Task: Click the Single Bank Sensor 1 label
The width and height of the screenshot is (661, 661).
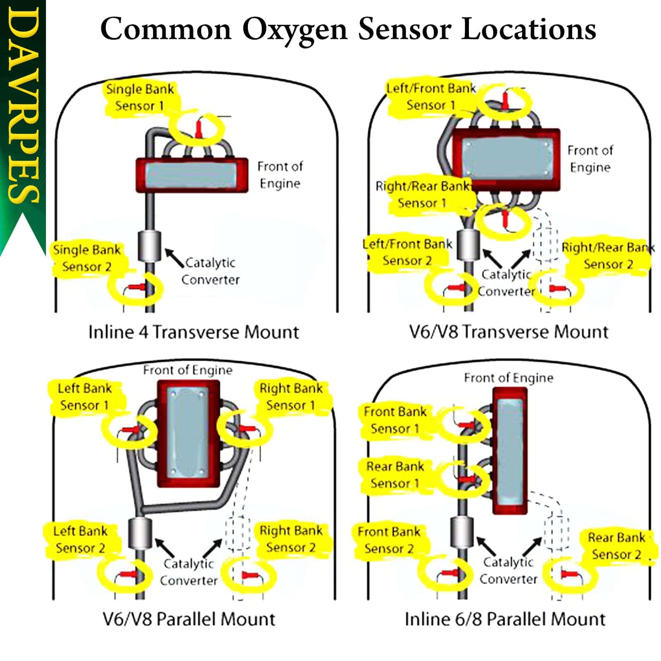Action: point(140,97)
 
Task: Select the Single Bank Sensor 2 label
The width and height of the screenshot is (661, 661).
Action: point(87,258)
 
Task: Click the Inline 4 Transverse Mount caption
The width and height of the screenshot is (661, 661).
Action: point(193,332)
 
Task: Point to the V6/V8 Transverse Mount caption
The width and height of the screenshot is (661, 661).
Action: point(509,332)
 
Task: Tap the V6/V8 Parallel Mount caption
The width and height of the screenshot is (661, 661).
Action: point(189,619)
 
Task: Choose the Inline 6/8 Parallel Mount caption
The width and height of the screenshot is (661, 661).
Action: point(505,619)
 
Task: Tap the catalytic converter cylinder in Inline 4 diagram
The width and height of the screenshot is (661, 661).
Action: point(149,246)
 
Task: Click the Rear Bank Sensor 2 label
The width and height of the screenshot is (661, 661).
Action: point(616,546)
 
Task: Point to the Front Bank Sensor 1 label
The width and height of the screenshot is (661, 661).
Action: point(395,420)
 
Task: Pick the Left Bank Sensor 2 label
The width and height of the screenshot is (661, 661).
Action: point(80,540)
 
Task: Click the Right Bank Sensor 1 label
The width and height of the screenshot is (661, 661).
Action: point(290,397)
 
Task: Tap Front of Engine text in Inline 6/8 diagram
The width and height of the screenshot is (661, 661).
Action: point(508,378)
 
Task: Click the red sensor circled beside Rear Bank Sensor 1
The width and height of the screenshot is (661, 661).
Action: point(467,479)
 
